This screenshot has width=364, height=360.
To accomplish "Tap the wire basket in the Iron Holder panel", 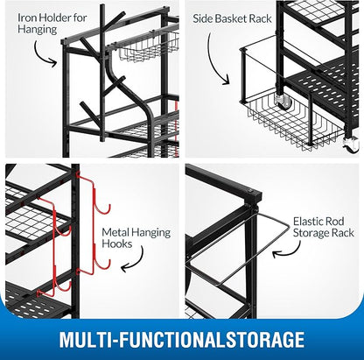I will pos(146,49).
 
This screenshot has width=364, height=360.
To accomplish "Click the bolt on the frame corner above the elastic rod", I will pos(252,191).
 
